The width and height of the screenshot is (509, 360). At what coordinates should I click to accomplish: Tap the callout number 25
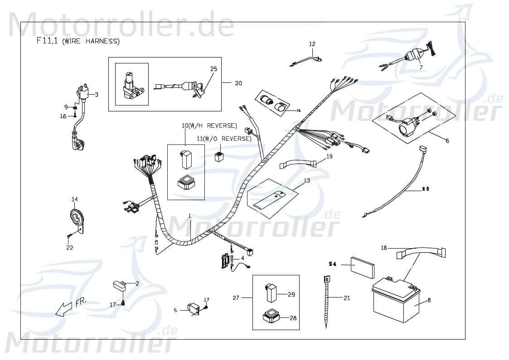[213, 69]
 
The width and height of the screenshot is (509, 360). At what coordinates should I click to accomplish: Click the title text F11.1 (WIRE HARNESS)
[78, 41]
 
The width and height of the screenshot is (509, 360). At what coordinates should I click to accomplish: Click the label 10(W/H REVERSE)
[216, 125]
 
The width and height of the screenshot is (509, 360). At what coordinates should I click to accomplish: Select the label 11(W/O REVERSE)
[224, 139]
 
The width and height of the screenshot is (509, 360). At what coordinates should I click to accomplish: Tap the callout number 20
[238, 83]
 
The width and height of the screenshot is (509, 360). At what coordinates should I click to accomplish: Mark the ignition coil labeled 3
[84, 93]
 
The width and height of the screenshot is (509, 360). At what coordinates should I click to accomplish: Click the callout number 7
[420, 67]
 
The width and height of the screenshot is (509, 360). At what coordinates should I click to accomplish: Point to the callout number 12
[312, 44]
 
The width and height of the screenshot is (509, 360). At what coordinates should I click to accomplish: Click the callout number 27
[236, 298]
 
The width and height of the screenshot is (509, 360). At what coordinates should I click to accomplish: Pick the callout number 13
[307, 180]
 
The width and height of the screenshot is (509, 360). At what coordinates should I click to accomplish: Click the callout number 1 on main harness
[189, 216]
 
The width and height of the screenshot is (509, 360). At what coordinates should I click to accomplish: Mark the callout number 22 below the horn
[69, 248]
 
